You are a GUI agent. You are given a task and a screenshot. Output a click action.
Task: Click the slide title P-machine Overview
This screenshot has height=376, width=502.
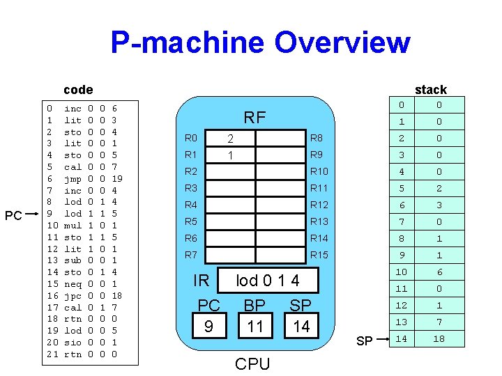(x=260, y=42)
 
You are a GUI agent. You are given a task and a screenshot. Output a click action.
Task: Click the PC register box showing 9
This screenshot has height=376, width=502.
(x=208, y=327)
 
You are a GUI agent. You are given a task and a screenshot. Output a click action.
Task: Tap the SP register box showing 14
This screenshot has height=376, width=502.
(x=301, y=327)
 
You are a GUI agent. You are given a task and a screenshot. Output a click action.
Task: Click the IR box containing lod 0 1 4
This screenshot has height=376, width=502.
(x=268, y=281)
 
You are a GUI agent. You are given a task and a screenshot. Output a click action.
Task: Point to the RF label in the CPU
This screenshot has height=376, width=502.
(x=254, y=118)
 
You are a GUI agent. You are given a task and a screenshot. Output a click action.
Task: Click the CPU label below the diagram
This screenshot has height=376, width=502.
(x=252, y=364)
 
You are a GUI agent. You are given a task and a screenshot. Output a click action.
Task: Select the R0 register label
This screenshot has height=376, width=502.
(x=191, y=138)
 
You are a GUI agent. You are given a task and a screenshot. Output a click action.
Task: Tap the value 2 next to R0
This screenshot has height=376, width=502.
(x=230, y=138)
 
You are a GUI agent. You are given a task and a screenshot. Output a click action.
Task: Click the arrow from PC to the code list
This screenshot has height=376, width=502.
(x=34, y=214)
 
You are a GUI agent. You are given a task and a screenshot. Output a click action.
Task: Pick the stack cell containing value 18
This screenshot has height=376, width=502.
(x=439, y=338)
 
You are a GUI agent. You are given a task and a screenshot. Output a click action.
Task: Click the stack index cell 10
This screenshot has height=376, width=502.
(x=401, y=272)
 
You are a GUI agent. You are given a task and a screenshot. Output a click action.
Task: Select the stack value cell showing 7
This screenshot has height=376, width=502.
(x=439, y=322)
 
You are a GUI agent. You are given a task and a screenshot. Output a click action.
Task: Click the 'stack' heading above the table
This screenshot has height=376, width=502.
(x=430, y=89)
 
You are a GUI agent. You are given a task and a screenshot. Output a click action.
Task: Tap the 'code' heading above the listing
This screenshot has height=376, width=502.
(x=78, y=89)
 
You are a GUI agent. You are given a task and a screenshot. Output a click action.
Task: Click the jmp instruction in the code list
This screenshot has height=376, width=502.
(x=73, y=178)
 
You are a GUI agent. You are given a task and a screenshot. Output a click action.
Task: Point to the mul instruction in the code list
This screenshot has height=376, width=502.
(x=73, y=226)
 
